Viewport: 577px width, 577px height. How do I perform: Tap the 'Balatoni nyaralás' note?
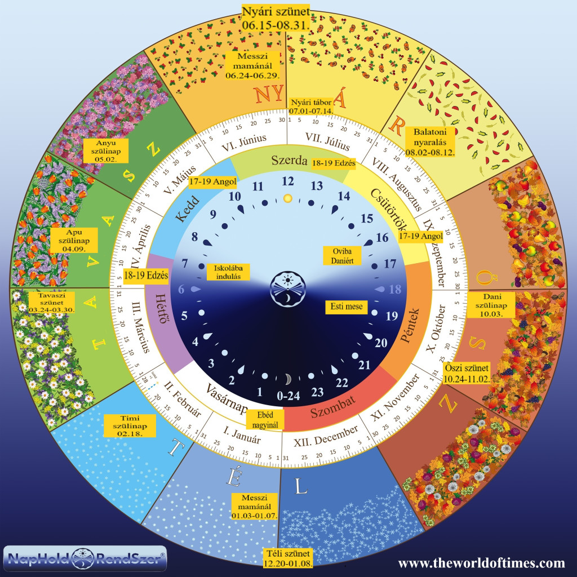(430, 141)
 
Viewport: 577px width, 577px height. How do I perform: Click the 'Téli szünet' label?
(288, 556)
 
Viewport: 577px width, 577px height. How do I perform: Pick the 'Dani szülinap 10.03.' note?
(494, 305)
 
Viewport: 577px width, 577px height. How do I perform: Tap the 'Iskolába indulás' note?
(224, 272)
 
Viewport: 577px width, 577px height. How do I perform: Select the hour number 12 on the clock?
(288, 181)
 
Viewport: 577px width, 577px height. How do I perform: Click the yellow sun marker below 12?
(288, 198)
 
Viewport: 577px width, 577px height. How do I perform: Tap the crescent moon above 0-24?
(288, 378)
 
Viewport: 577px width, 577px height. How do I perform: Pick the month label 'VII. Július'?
(324, 139)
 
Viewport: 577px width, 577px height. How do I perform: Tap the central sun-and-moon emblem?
(288, 288)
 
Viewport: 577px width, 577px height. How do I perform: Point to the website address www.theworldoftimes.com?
(481, 563)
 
